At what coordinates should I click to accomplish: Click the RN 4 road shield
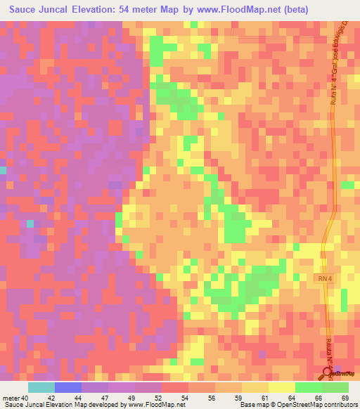pos(323,279)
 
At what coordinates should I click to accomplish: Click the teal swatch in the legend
pos(41,387)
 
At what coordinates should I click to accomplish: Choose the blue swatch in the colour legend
pos(68,387)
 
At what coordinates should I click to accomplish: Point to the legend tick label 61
pos(265,398)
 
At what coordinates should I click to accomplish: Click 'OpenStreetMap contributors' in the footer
pos(319,405)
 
